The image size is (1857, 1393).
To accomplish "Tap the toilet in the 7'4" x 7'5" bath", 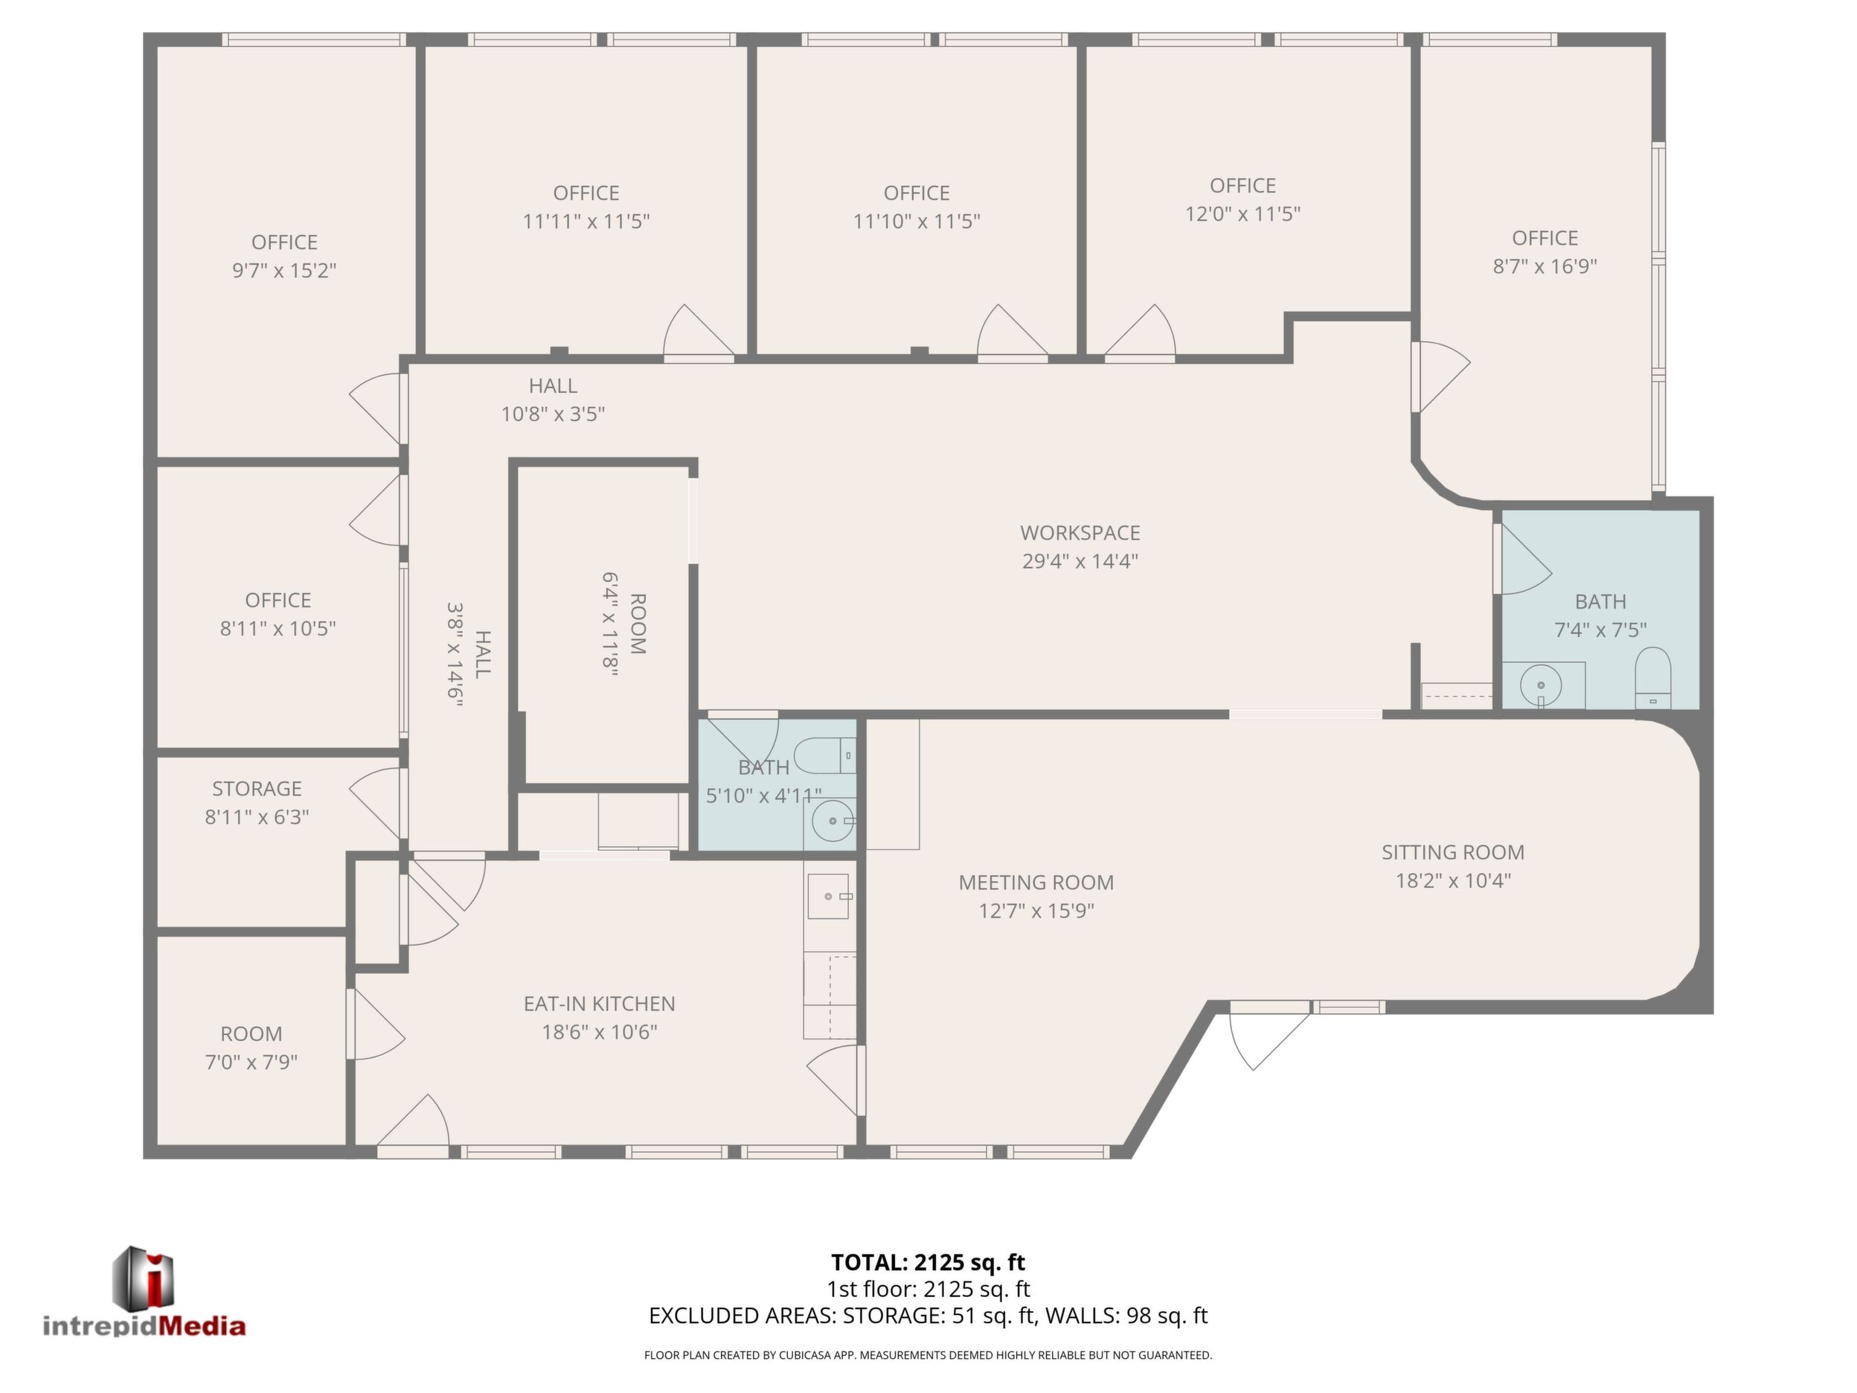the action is point(1653,679).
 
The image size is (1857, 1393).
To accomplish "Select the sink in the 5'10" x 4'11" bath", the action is point(831,822).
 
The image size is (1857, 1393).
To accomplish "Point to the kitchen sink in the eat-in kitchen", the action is point(829,897).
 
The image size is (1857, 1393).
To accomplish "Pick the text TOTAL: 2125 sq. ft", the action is point(928,1262).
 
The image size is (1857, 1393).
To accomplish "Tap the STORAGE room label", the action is point(257,789).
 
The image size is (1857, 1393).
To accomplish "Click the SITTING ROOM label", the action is point(1453,852).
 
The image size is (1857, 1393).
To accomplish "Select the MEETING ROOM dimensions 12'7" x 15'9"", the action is point(1036,911).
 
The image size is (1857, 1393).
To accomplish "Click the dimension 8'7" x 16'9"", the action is point(1545,266).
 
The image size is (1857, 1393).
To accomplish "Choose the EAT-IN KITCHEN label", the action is point(600,1003).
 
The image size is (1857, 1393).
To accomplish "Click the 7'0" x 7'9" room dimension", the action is point(251,1062).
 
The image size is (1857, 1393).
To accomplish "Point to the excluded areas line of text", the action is point(928,1316).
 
